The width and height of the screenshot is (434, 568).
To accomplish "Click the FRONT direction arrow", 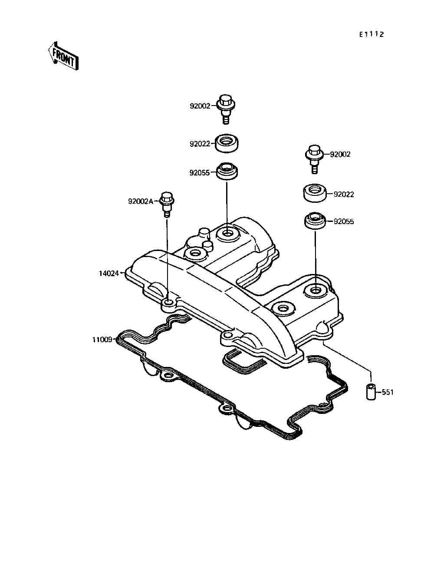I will (63, 56).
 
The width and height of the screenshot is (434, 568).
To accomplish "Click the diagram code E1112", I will (372, 35).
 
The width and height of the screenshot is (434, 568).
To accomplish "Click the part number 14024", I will (108, 274).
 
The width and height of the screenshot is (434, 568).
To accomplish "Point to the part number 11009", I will (102, 340).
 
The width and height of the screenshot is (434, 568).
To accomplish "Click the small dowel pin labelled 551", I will (370, 392).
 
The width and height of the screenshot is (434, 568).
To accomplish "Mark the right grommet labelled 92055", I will (315, 221).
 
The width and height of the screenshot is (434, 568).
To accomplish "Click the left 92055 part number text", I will (200, 173).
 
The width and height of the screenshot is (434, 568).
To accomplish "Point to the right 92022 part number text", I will (344, 195).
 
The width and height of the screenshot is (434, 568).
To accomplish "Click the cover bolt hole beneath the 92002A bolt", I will (168, 302).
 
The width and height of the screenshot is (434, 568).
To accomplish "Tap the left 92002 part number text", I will (200, 106).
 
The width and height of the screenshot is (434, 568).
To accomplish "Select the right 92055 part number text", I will (344, 222).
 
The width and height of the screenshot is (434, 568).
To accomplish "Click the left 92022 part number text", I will (200, 144).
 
